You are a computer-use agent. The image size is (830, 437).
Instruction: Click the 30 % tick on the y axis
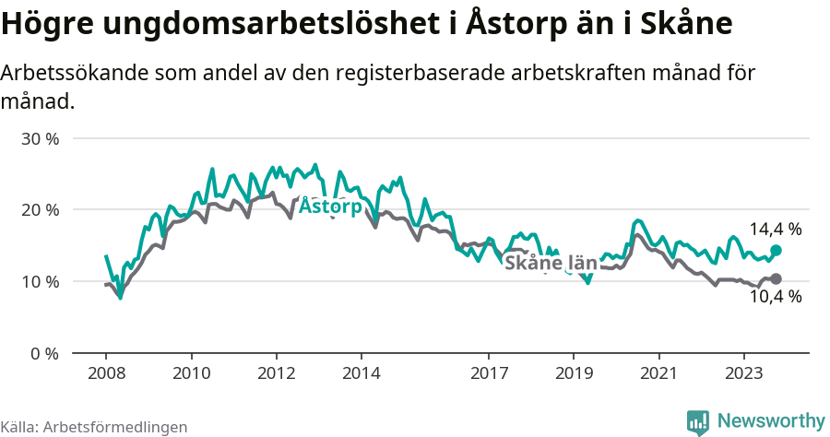(x=41, y=139)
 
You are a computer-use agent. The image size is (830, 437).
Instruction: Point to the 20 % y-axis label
(x=41, y=210)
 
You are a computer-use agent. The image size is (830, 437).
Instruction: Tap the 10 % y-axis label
(x=41, y=281)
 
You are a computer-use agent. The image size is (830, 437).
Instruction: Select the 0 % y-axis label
(x=45, y=353)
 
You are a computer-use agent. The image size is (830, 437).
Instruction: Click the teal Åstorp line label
(x=331, y=207)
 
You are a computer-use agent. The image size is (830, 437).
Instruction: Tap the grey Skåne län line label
(x=551, y=264)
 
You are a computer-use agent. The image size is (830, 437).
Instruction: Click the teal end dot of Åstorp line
(x=776, y=250)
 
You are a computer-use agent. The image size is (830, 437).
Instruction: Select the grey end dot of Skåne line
(x=776, y=278)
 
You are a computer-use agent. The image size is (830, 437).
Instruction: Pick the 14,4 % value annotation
(x=775, y=229)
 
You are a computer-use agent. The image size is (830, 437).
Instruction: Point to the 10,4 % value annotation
(x=775, y=297)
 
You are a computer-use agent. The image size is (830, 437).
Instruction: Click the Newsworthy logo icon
(x=698, y=421)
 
